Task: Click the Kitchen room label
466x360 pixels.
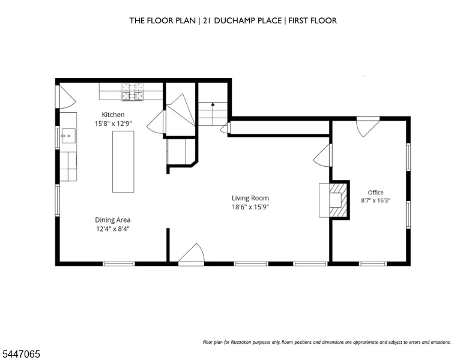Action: (113, 115)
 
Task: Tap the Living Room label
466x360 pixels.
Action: (250, 198)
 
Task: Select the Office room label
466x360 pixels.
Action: (376, 193)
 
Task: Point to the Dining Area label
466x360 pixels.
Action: (113, 220)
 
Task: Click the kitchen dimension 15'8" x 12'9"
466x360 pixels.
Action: (113, 124)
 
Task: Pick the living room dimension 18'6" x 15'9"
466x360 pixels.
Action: (250, 207)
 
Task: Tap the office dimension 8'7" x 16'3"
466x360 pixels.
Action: (376, 200)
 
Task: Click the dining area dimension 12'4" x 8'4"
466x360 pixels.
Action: (113, 229)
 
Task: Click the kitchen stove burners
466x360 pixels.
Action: (132, 91)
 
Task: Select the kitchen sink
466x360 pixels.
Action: (68, 136)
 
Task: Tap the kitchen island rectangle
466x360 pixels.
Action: (123, 161)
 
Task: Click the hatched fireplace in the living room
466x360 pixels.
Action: (339, 200)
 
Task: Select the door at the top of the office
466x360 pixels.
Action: (368, 127)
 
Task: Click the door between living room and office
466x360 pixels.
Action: (322, 155)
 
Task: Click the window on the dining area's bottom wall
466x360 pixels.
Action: (118, 263)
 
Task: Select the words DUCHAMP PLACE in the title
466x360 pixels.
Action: (248, 20)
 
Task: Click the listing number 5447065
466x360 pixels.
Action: (21, 354)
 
